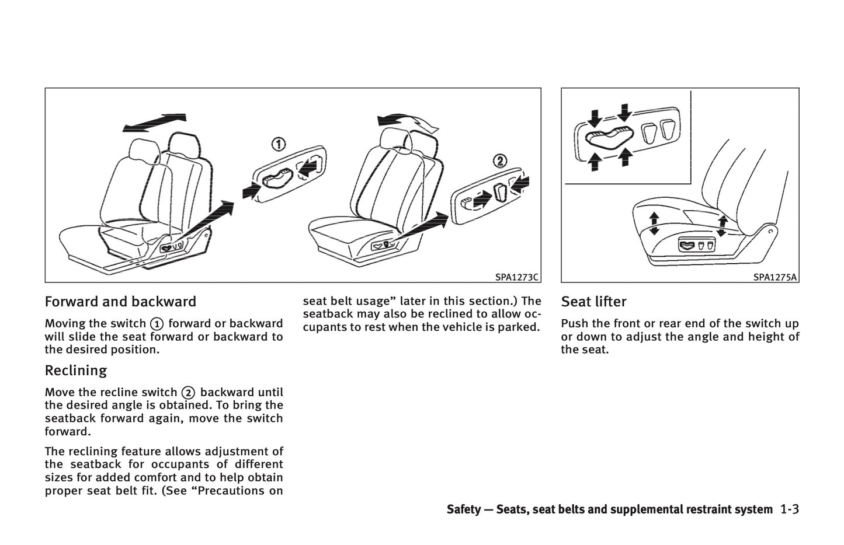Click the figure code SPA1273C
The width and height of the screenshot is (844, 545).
click(516, 277)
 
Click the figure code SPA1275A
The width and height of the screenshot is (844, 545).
click(774, 277)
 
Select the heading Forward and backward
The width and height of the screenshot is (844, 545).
click(120, 302)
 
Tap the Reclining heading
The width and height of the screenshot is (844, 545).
click(76, 371)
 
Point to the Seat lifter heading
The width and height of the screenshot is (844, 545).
click(593, 302)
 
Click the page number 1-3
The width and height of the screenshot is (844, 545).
click(789, 509)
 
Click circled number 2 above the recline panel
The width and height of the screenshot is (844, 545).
click(499, 160)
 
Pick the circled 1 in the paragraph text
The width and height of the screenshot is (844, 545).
click(156, 324)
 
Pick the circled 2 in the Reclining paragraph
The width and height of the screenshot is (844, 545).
click(187, 393)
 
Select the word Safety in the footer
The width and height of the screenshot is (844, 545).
click(463, 509)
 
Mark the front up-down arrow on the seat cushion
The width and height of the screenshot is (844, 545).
click(654, 223)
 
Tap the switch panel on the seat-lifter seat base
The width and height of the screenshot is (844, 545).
click(696, 246)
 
